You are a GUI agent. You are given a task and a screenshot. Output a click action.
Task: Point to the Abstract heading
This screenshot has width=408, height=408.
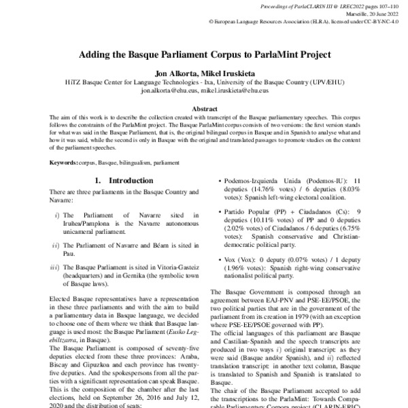[204, 108]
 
